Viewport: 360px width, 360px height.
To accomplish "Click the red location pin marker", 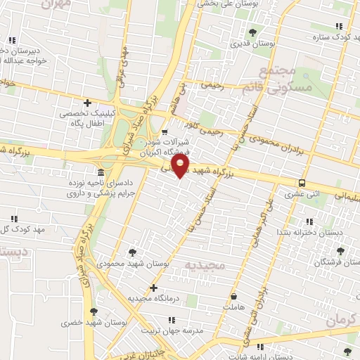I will pos(181,166).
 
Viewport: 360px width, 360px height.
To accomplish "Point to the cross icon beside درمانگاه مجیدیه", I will pos(154,288).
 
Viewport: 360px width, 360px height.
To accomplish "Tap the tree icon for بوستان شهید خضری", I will pos(93,311).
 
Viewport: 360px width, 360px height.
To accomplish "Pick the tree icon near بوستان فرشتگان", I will pos(340,250).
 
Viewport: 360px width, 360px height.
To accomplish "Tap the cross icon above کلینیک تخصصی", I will pos(87,103).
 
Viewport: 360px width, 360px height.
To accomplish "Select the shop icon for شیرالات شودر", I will pos(165,131).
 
